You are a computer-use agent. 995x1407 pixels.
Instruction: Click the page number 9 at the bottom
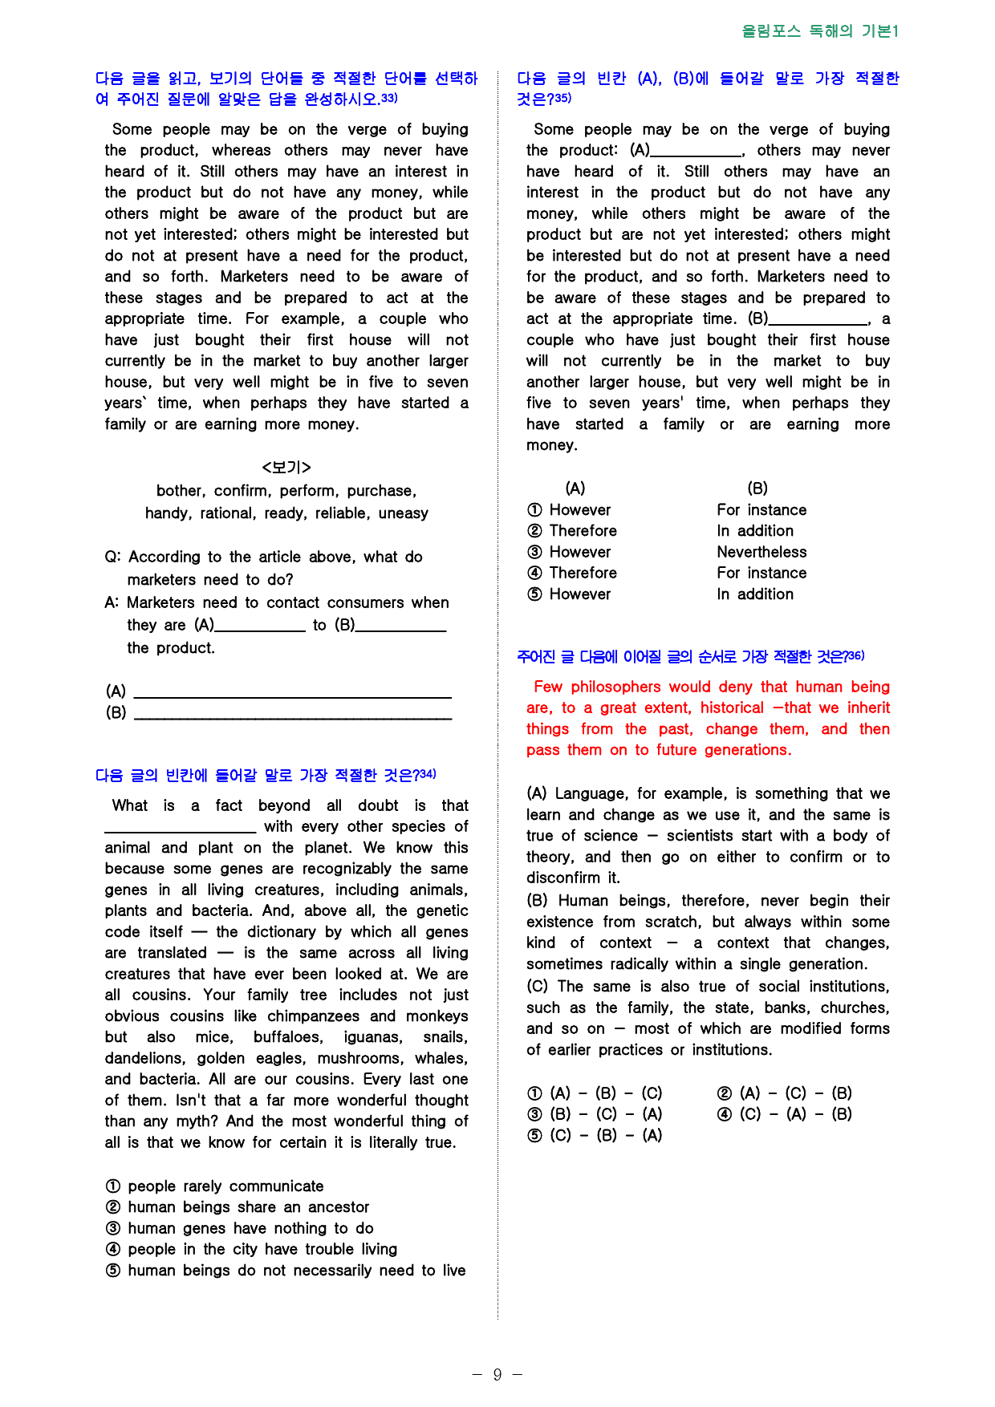tap(497, 1375)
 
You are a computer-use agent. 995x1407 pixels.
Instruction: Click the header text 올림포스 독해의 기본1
tap(819, 31)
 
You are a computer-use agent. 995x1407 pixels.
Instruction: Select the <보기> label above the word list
tap(286, 467)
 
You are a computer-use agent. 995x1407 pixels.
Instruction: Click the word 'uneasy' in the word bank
tap(403, 513)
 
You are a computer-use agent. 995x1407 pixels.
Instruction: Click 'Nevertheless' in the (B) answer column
tap(761, 552)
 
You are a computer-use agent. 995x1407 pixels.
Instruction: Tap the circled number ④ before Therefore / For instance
tap(534, 574)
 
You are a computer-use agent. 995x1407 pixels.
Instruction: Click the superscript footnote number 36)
tap(856, 655)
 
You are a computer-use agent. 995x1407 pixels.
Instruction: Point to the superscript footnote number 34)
tap(428, 774)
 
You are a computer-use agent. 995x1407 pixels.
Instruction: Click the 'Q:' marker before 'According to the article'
tap(113, 558)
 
